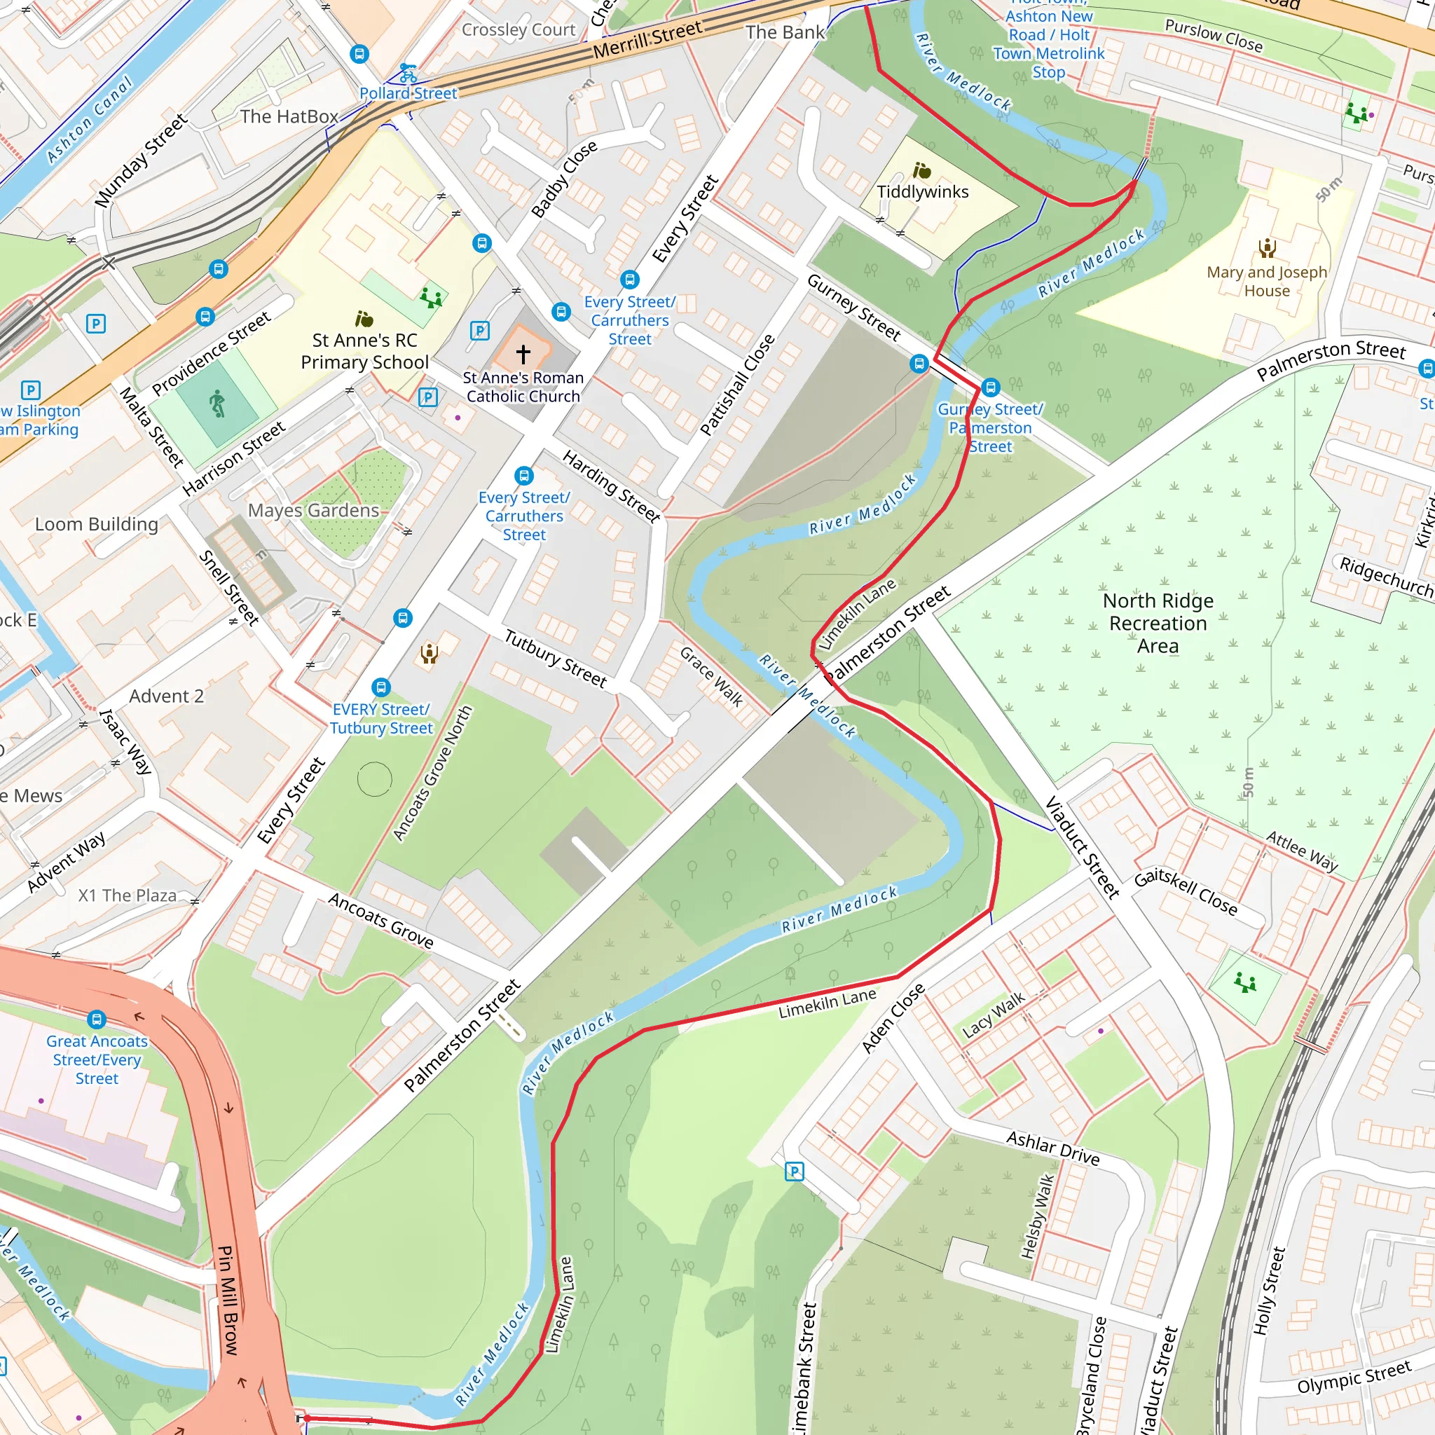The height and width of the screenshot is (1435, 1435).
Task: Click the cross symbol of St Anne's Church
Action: [x=523, y=355]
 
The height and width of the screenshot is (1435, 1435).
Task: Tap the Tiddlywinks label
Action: [x=923, y=191]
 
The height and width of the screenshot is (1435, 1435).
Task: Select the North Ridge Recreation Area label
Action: [x=1158, y=622]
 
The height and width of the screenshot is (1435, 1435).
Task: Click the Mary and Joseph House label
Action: [x=1266, y=282]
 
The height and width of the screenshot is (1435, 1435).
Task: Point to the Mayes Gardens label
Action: [x=313, y=510]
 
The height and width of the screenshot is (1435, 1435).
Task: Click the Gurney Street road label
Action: [x=853, y=307]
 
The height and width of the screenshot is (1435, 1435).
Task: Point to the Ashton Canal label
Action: [x=89, y=119]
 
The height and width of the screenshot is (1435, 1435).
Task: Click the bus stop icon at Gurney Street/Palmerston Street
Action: [x=990, y=387]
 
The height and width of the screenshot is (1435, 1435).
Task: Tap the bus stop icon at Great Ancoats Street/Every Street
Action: [x=97, y=1019]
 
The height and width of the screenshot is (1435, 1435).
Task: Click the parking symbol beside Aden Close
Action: [x=794, y=1172]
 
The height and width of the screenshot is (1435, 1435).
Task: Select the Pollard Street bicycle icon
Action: [x=408, y=73]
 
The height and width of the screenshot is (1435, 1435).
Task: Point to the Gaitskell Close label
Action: [x=1186, y=892]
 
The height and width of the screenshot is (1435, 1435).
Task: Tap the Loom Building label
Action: [x=97, y=524]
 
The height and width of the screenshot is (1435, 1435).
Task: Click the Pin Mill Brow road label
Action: [x=228, y=1300]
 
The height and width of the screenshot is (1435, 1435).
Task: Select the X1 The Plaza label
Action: [x=127, y=895]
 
